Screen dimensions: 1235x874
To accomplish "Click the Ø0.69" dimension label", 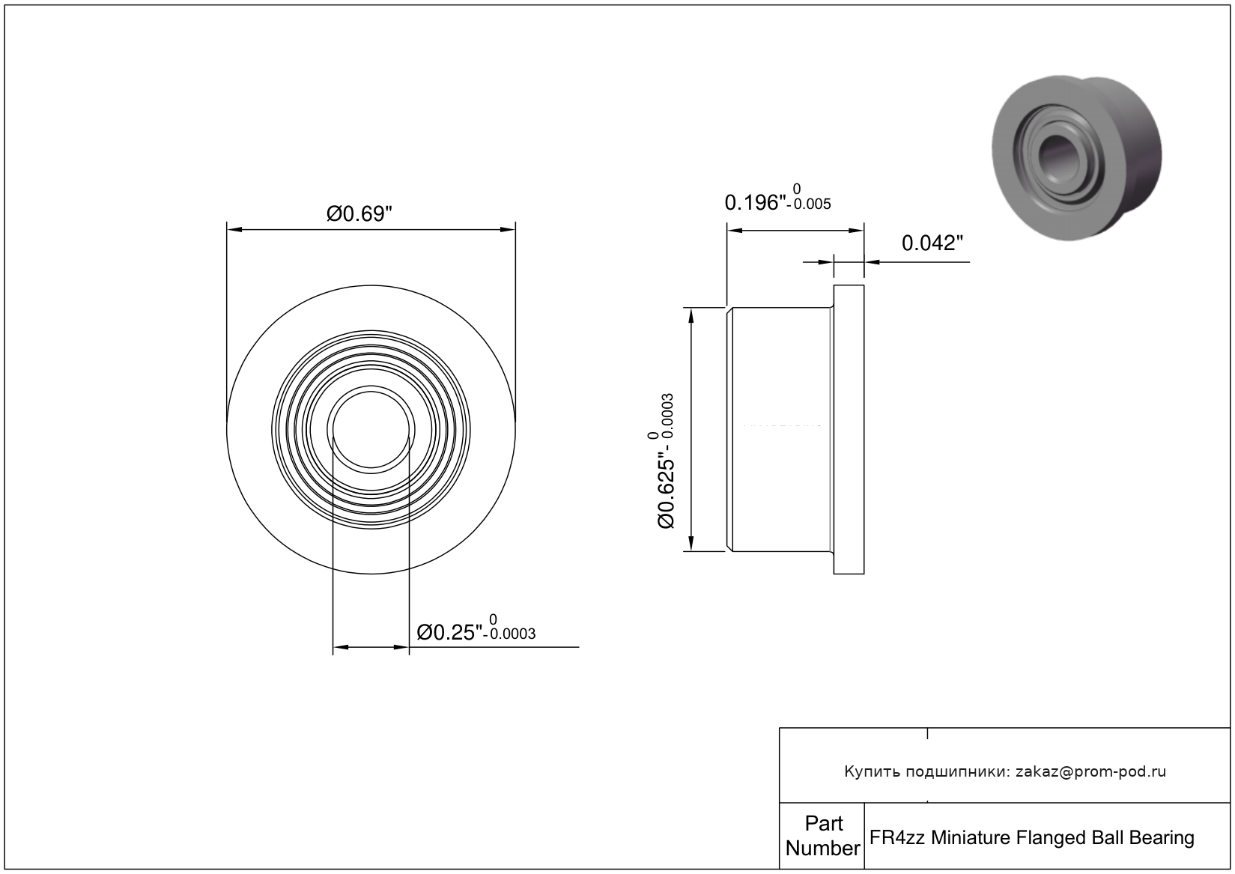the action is pyautogui.click(x=359, y=213).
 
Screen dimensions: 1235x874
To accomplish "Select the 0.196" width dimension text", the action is pyautogui.click(x=755, y=203).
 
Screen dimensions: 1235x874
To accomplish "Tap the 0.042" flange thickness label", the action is pyautogui.click(x=932, y=243).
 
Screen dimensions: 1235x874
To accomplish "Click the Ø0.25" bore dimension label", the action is pyautogui.click(x=449, y=633).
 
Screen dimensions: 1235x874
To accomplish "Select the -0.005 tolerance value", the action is pyautogui.click(x=810, y=204).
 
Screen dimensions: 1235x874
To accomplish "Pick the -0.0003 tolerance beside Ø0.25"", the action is pyautogui.click(x=510, y=634).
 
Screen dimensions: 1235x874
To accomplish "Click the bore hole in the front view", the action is pyautogui.click(x=371, y=430).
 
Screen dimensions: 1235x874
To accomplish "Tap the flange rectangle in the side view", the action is pyautogui.click(x=849, y=430).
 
